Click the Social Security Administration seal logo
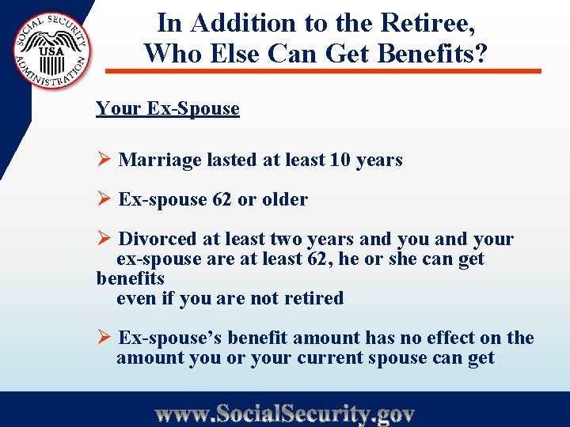click(51, 51)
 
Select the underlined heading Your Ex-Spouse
click(167, 108)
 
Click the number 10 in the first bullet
click(340, 160)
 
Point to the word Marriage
click(160, 160)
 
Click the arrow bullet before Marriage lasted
click(103, 160)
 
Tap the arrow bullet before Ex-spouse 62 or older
click(103, 199)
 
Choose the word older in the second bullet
click(284, 199)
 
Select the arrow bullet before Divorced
click(103, 239)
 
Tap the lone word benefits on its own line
click(130, 278)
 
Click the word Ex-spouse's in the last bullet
click(170, 338)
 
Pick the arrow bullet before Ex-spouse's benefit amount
click(103, 338)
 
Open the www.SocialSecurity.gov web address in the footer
click(284, 414)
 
